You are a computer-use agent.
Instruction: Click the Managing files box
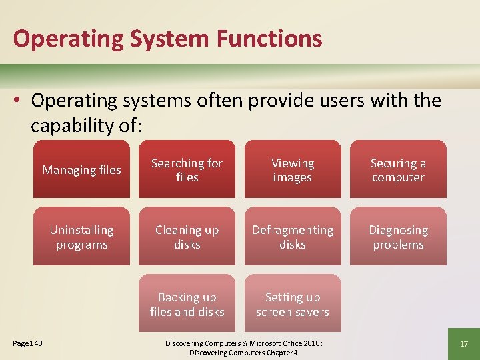(x=82, y=169)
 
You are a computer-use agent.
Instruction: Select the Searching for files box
(x=187, y=169)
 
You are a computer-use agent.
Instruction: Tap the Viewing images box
(x=293, y=169)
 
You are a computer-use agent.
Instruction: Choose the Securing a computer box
(x=398, y=169)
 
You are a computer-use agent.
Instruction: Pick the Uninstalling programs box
(x=82, y=237)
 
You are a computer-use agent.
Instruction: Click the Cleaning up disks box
(x=187, y=237)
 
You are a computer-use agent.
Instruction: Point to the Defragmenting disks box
(x=293, y=237)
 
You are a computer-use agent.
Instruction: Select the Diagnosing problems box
(x=398, y=237)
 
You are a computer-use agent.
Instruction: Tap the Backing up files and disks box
(x=187, y=304)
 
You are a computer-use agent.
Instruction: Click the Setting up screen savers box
(x=293, y=304)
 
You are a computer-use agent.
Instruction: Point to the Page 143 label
(x=27, y=343)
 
